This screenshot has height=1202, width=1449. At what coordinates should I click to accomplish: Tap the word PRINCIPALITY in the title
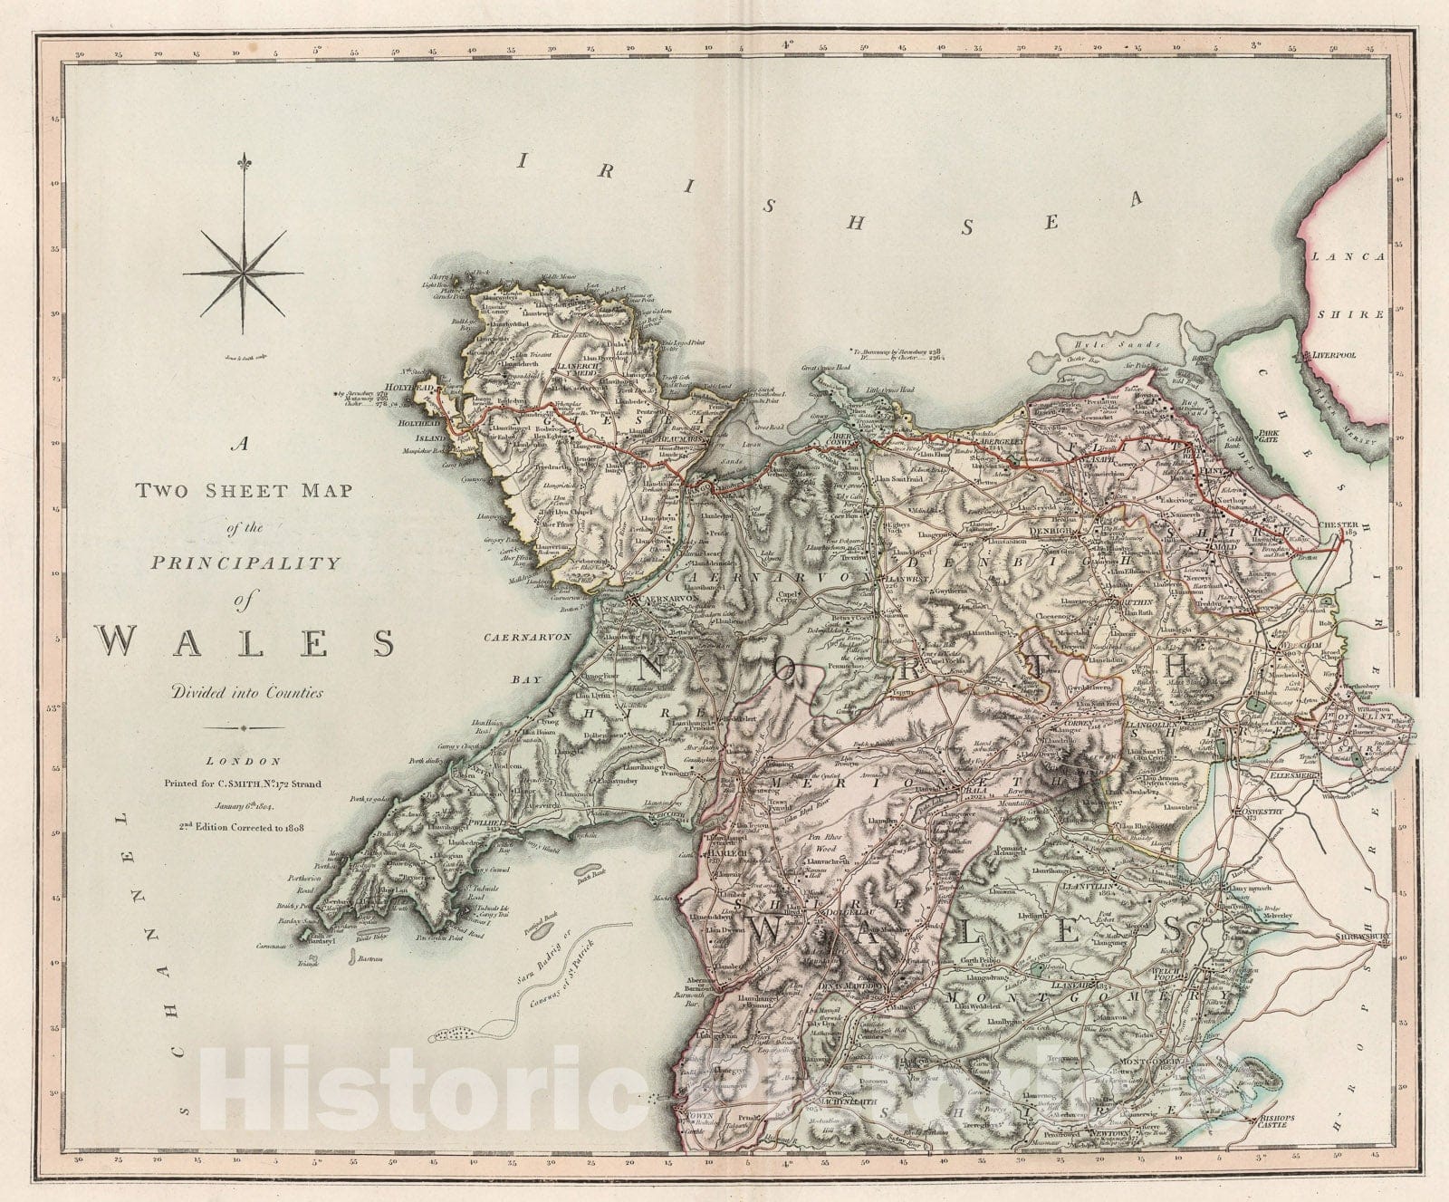[x=245, y=563]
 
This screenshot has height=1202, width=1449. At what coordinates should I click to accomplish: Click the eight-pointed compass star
[x=243, y=271]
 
